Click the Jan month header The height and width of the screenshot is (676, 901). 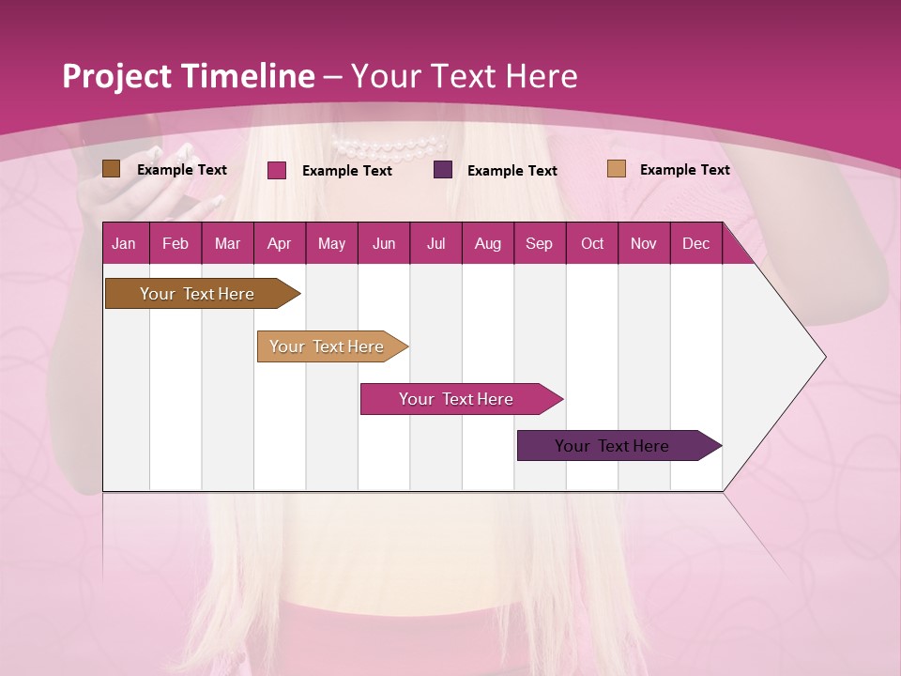(x=124, y=244)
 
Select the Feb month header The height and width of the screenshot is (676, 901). (x=176, y=244)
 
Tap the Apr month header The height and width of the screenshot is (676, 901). (x=280, y=244)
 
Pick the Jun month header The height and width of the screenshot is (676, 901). (x=384, y=244)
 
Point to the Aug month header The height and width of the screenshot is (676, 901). (x=488, y=244)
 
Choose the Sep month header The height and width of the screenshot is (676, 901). (x=540, y=244)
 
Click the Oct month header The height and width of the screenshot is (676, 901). (x=592, y=244)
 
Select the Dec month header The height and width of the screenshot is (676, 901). (x=696, y=244)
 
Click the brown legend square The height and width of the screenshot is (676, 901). (x=111, y=169)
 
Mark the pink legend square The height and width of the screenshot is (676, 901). (x=277, y=170)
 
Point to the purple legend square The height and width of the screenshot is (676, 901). (x=443, y=170)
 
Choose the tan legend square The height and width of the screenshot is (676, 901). (x=616, y=169)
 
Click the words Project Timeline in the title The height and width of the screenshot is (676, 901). (x=189, y=76)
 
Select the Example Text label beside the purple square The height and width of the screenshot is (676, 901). (x=512, y=171)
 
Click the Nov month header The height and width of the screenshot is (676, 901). (x=644, y=244)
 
